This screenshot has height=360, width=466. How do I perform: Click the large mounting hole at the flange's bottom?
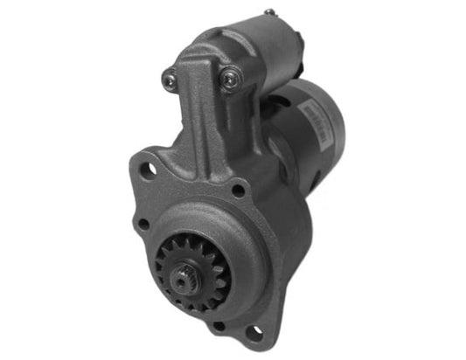pos(253,332)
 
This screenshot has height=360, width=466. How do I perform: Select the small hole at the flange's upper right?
pos(238,189)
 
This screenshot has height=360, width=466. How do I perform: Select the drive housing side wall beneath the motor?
pos(293,245)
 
